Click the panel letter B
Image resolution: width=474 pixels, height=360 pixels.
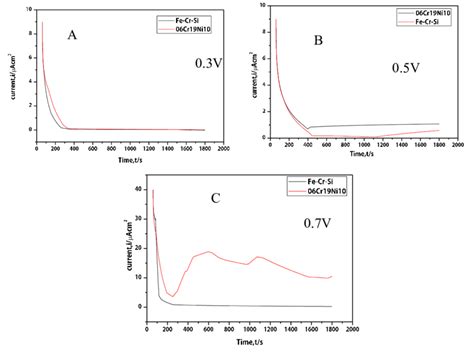click(x=317, y=41)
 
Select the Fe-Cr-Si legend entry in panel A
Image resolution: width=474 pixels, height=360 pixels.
click(x=181, y=19)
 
